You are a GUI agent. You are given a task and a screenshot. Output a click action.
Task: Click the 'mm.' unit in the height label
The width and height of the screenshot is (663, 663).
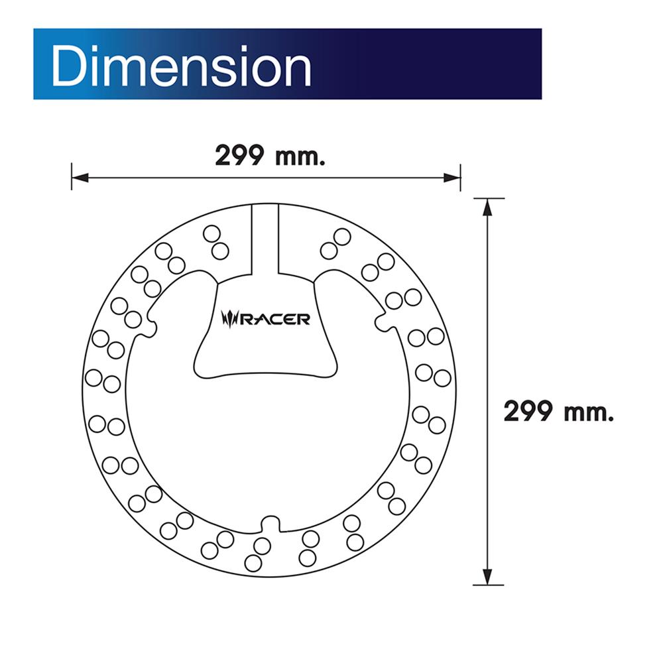pos(588,412)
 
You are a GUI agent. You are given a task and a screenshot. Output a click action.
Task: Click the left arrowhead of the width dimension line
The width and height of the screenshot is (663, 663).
pos(78,177)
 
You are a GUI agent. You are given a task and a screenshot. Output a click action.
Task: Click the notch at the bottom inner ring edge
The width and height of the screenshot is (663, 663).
pos(269,524)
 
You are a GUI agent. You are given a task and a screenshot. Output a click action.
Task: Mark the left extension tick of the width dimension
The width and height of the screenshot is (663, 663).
pos(72,177)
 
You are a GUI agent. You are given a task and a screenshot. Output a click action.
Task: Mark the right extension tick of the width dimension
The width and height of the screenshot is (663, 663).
pos(460,177)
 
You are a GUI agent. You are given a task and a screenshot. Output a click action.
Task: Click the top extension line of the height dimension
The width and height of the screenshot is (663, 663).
pos(489,198)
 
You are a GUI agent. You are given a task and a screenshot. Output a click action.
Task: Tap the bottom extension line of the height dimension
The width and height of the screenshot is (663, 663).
pos(489,585)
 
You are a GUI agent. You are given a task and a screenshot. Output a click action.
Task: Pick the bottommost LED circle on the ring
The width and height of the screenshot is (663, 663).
pos(253,563)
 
